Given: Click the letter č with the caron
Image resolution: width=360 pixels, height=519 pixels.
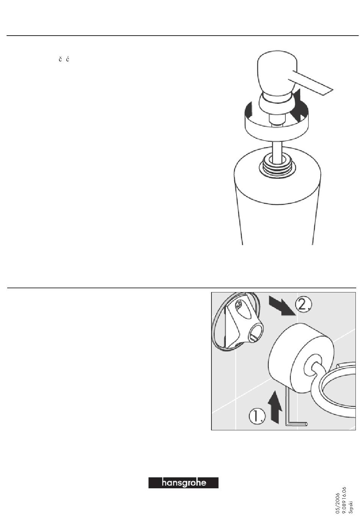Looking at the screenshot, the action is (60, 59).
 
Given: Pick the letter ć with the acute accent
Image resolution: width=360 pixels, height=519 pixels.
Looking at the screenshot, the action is (67, 59).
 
